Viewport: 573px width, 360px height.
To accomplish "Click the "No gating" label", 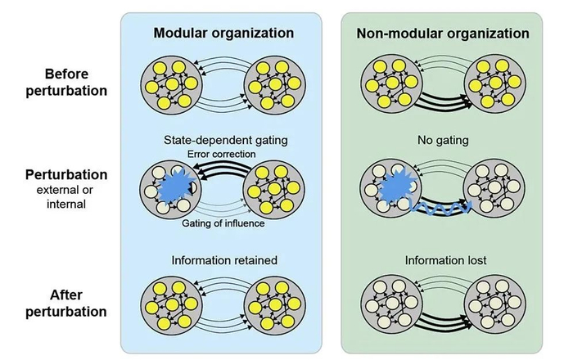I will point(442,140).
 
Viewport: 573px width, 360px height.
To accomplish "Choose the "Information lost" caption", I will point(442,261).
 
